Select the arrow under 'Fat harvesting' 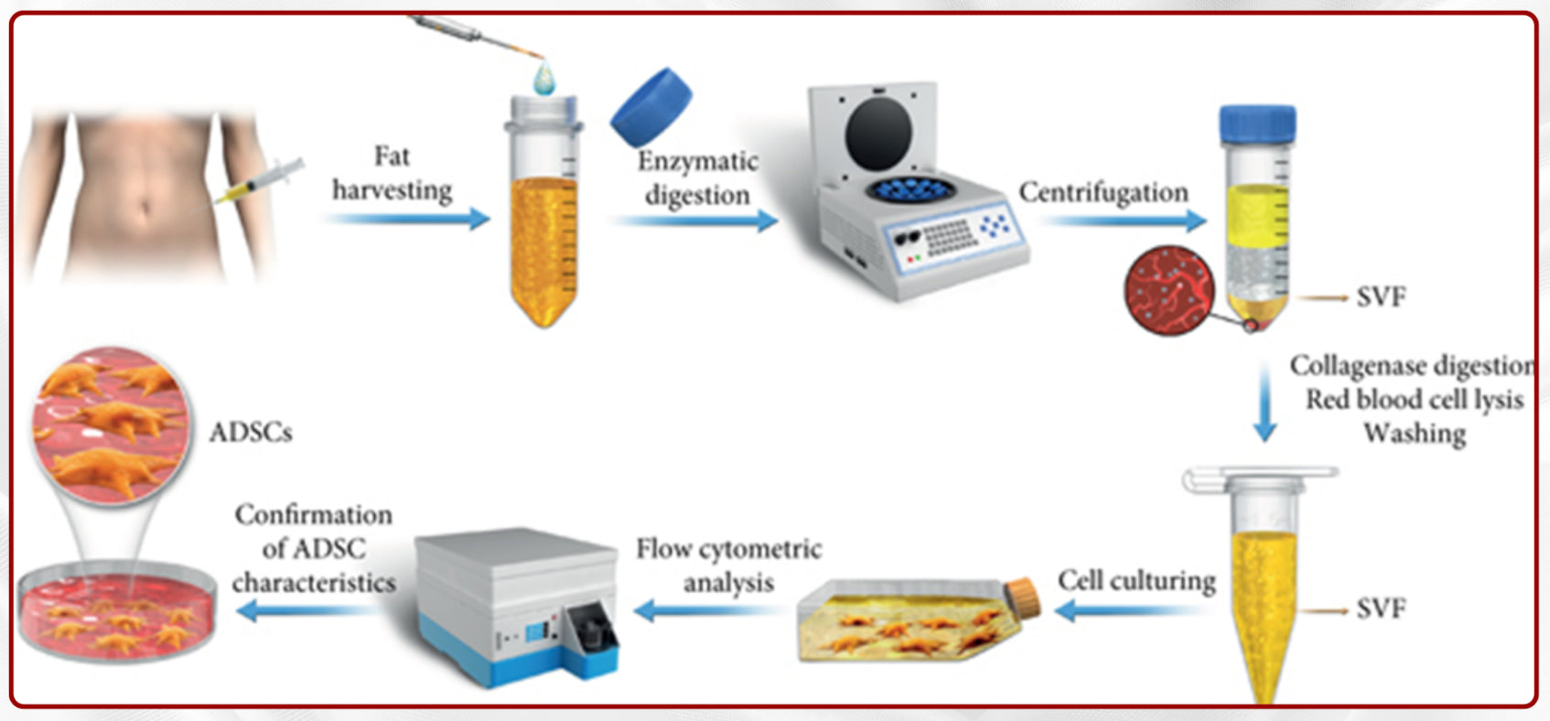(408, 219)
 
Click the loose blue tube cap (651, 105)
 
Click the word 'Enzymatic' (698, 161)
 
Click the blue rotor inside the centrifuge (911, 190)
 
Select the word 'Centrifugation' (1103, 192)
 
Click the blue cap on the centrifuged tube (1257, 124)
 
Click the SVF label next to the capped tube (1381, 296)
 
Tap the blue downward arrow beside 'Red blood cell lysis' (1265, 404)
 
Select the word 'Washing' (1415, 433)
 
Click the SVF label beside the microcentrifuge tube (1381, 608)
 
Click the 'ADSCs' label (251, 432)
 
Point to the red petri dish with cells (116, 610)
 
